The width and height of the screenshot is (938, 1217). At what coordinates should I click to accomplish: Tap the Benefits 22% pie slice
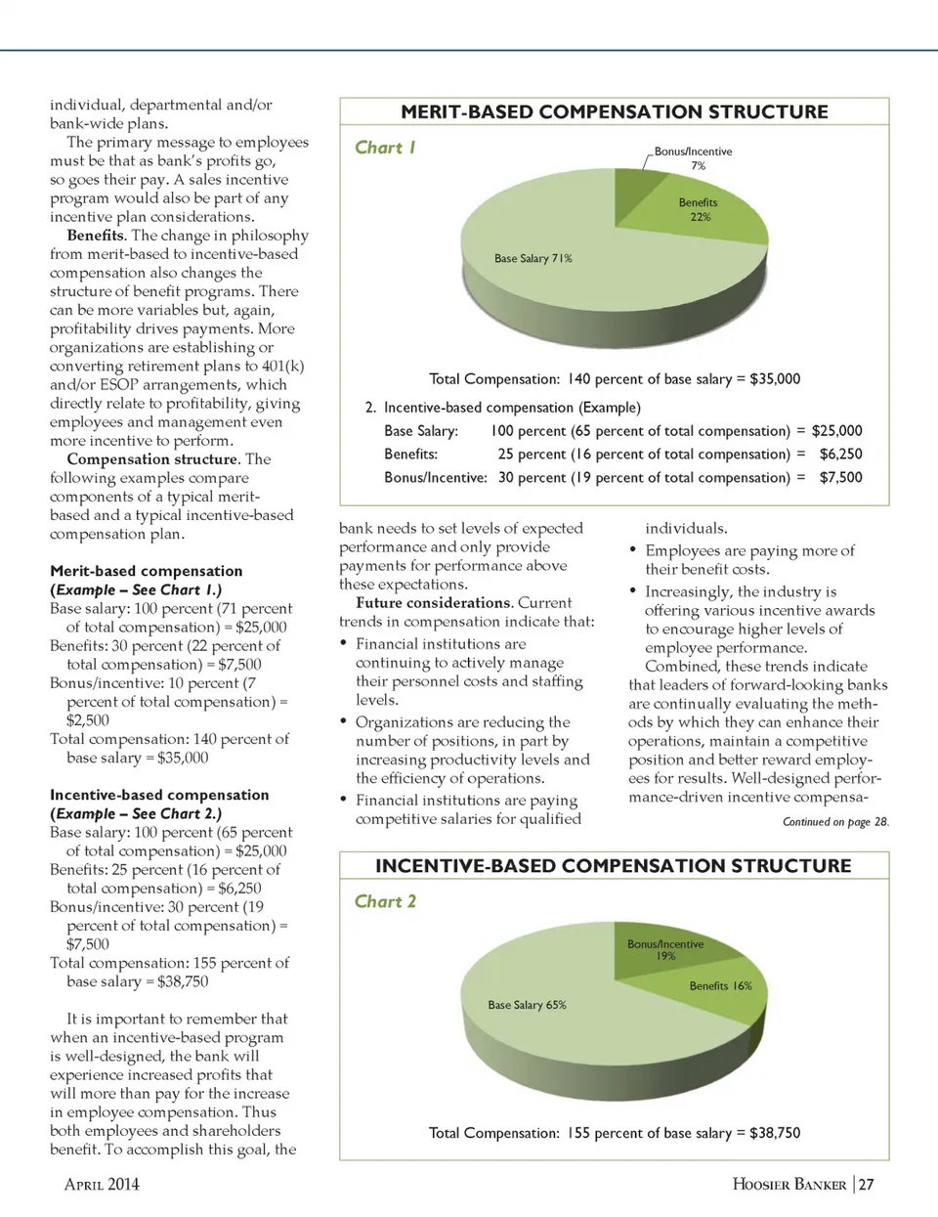(700, 211)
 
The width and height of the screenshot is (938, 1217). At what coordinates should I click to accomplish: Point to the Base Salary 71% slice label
(533, 259)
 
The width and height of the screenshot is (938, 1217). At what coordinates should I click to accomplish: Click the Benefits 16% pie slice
(720, 986)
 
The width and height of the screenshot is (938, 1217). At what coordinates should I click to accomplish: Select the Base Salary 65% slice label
(527, 1005)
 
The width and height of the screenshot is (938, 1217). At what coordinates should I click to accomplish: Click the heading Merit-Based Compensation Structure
(614, 112)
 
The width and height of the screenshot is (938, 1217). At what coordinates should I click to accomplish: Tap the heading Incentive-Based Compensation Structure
(614, 866)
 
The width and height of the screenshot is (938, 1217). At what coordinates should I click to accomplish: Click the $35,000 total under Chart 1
(775, 379)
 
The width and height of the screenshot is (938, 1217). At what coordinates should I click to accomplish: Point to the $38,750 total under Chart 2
(775, 1133)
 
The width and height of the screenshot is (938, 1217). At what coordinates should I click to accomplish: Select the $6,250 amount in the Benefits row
(840, 454)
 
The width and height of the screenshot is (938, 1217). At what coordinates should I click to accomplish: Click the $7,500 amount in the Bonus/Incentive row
(840, 477)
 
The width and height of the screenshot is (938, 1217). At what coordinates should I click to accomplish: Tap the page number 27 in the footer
(866, 1185)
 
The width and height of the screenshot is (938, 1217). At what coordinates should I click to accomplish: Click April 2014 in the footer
(102, 1185)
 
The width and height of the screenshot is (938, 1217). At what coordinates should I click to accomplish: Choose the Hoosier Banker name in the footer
(789, 1185)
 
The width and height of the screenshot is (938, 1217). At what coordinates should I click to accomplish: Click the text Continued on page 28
(835, 822)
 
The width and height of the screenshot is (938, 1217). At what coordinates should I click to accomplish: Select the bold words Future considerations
(433, 603)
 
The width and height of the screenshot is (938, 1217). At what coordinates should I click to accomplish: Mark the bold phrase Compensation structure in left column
(152, 459)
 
